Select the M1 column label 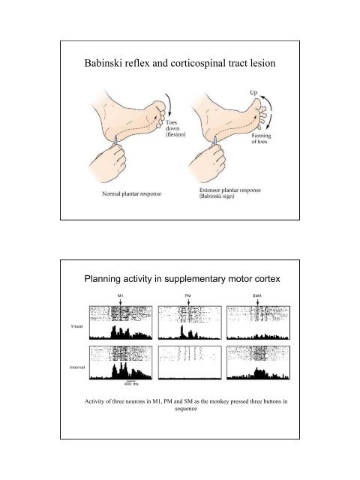pyautogui.click(x=120, y=296)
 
